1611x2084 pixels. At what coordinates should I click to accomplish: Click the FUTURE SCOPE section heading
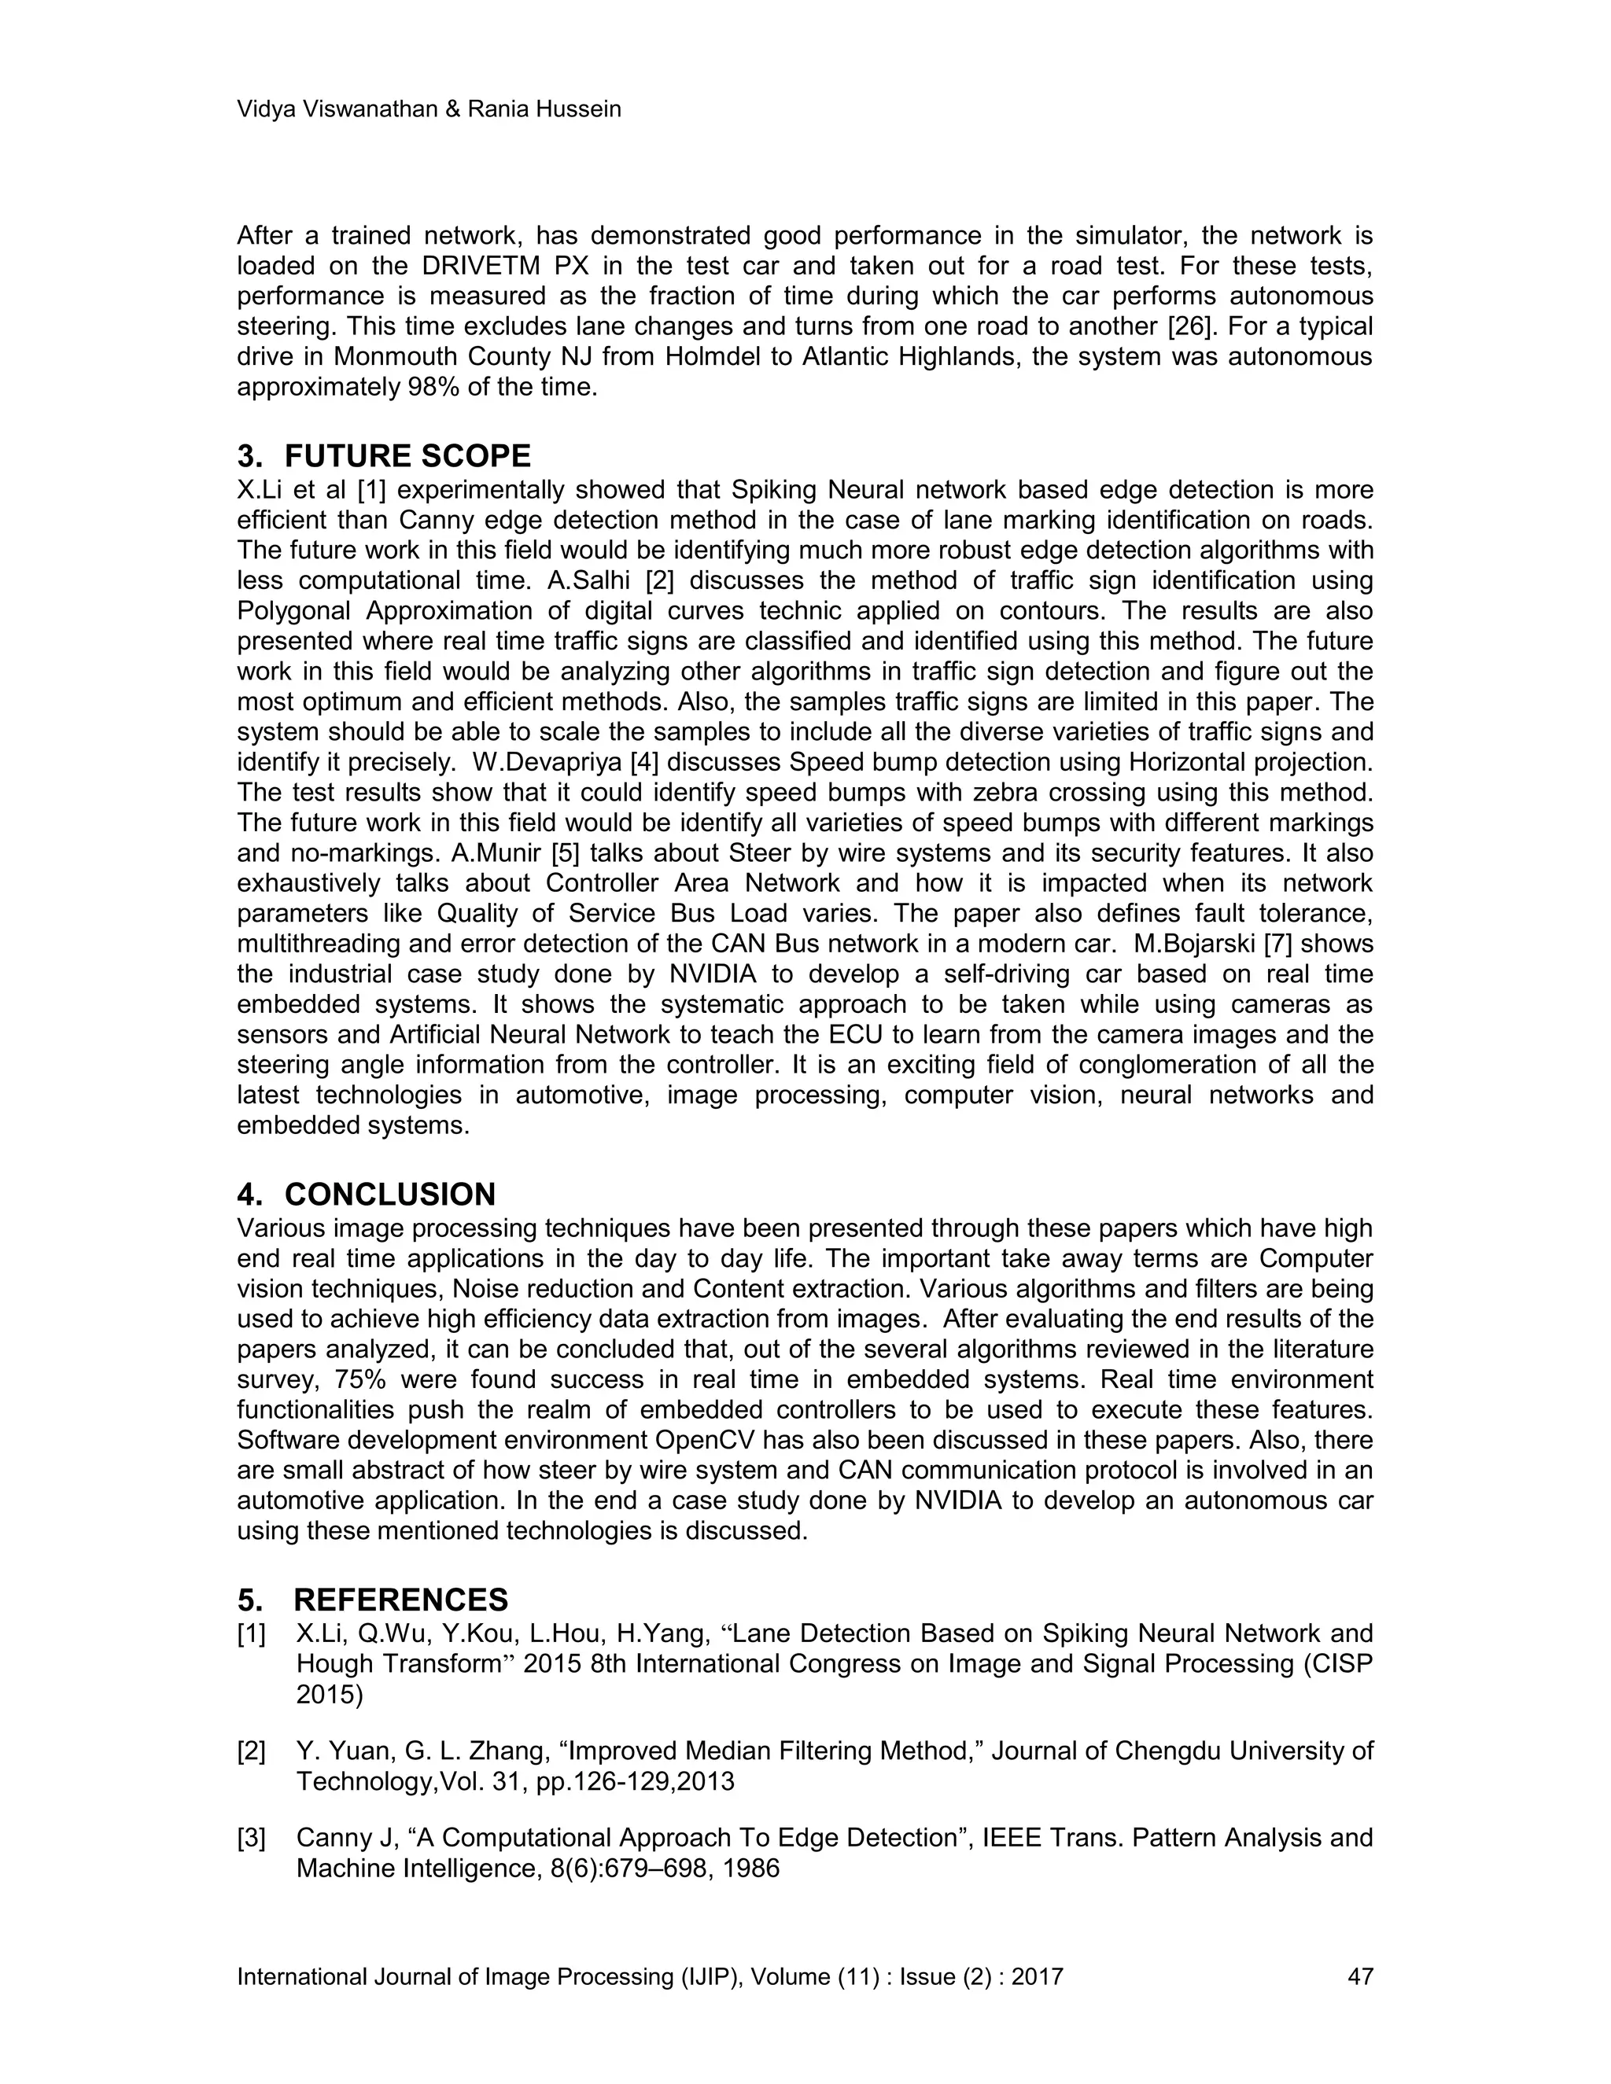click(x=407, y=456)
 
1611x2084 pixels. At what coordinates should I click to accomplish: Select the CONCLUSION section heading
click(x=389, y=1195)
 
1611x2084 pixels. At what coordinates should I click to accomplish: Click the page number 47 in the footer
click(x=1359, y=1976)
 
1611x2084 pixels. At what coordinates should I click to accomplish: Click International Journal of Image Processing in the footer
click(x=456, y=1976)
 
